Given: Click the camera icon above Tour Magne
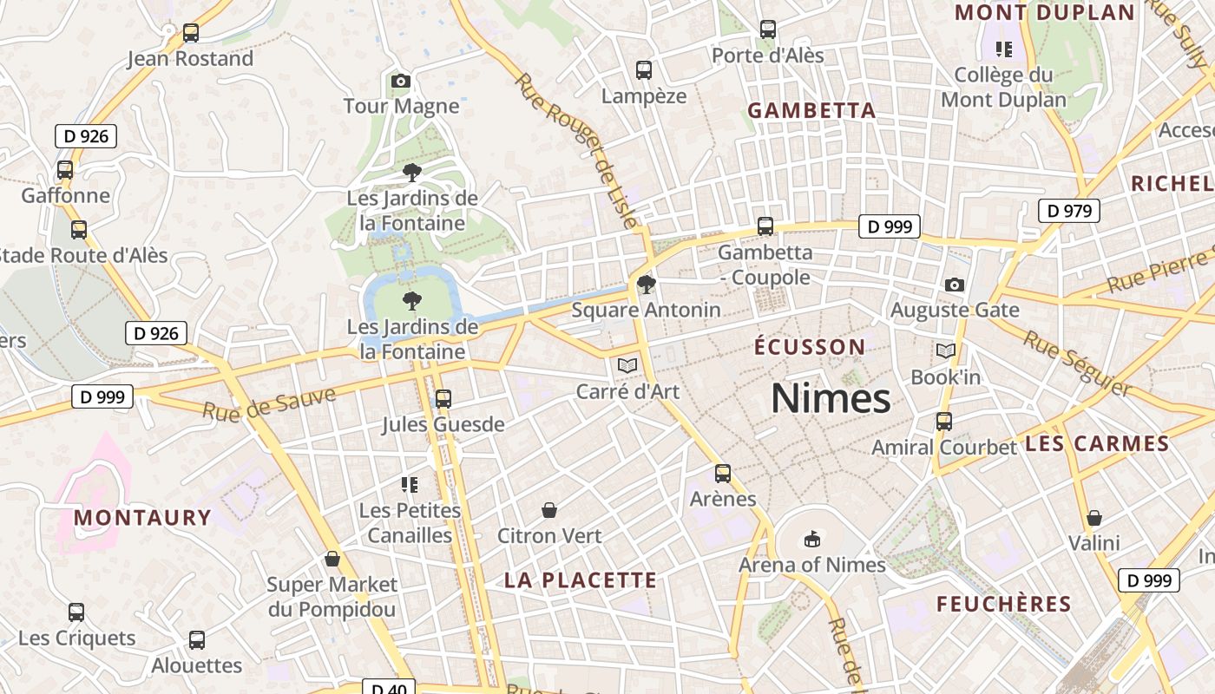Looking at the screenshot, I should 400,82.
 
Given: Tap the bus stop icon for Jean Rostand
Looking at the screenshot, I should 191,34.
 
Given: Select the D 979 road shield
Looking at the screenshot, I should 1069,211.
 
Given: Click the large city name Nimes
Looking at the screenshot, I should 831,399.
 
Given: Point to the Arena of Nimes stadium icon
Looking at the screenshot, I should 811,540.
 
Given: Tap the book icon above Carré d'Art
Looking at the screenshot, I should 627,365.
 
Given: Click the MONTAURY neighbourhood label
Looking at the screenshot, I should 143,518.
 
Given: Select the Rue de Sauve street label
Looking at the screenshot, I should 269,405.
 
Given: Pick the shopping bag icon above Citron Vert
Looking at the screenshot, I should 548,510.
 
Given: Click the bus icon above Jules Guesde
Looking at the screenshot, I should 443,399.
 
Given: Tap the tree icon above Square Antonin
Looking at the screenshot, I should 646,285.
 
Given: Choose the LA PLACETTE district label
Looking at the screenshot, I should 581,580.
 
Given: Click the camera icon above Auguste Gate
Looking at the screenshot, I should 954,285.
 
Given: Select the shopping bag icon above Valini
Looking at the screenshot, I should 1094,518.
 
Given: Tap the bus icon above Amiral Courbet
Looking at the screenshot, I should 944,422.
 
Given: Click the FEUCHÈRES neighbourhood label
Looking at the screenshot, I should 1004,605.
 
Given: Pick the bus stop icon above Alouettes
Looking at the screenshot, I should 197,640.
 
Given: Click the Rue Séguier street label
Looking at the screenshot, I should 1077,362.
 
